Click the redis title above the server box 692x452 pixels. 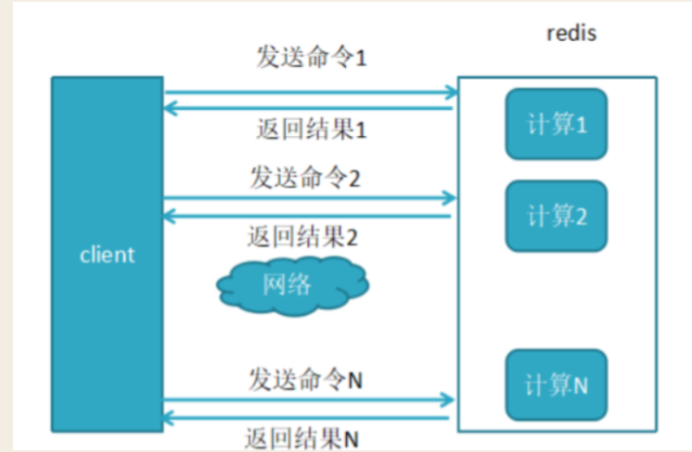coord(571,34)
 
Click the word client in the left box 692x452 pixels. coord(108,255)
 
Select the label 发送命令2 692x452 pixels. coord(305,177)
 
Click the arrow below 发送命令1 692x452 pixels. coord(310,91)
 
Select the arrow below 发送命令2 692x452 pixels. coord(310,198)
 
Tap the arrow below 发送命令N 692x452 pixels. coord(310,400)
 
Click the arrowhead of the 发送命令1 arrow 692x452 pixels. coord(451,91)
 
